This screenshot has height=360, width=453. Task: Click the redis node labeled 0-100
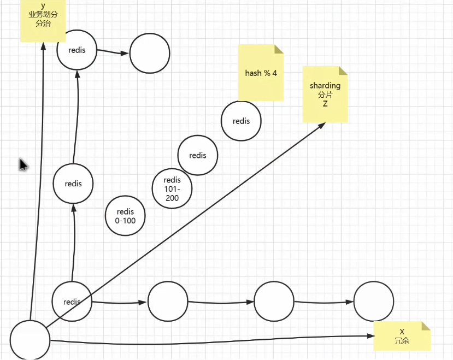click(126, 215)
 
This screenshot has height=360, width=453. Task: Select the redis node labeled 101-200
click(172, 188)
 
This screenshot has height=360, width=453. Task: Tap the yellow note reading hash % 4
click(261, 73)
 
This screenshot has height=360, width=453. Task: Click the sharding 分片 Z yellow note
click(325, 94)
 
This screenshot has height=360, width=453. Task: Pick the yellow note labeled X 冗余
click(402, 336)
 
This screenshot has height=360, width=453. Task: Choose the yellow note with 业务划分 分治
click(43, 22)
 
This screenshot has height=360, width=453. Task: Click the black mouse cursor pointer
click(23, 164)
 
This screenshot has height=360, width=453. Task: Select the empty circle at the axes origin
click(30, 340)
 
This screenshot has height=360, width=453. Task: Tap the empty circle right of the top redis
click(149, 53)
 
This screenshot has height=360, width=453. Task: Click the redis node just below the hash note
click(241, 121)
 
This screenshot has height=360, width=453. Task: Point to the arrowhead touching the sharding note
click(322, 125)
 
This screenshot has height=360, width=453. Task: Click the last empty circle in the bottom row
click(373, 302)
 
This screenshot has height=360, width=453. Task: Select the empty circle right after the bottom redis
click(168, 302)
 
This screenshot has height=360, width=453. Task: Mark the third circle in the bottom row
click(274, 302)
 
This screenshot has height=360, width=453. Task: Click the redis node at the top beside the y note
click(77, 50)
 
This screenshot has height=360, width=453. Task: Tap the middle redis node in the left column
click(73, 184)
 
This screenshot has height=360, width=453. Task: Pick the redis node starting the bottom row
click(72, 302)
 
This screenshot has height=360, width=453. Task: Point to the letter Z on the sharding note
click(325, 103)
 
